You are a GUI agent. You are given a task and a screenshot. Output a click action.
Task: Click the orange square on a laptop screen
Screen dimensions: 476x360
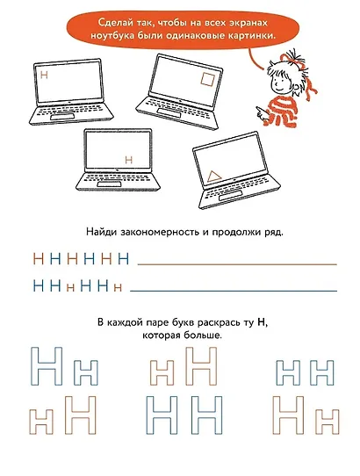pos(207,80)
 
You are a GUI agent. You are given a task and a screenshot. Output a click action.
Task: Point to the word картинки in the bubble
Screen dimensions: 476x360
pos(241,35)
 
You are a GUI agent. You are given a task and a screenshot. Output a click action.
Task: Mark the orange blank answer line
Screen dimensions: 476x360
pos(237,263)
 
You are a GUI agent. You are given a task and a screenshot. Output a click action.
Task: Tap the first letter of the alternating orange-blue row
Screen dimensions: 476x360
pos(37,259)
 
